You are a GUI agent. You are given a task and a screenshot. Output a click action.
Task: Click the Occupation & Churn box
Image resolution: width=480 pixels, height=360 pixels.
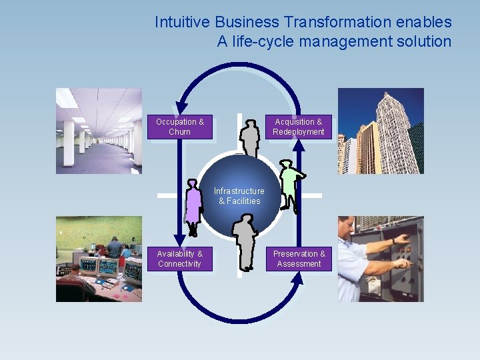[x=180, y=127]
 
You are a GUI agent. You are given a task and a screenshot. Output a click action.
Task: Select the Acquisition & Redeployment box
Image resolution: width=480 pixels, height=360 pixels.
[x=298, y=127]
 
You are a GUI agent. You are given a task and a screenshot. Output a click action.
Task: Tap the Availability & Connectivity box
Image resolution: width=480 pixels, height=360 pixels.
[x=180, y=259]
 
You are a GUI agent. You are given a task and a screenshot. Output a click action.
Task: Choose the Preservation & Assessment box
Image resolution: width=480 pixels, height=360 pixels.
[x=299, y=259]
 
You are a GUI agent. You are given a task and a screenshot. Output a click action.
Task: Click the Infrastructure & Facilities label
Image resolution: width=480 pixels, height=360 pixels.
[x=239, y=196]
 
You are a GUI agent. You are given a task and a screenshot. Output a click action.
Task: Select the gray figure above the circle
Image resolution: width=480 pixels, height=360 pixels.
[x=250, y=137]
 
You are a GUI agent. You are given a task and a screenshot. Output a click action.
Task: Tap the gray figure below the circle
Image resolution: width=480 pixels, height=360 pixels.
[x=245, y=241]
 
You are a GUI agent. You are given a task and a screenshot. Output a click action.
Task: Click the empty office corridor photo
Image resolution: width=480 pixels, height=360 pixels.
[x=99, y=131]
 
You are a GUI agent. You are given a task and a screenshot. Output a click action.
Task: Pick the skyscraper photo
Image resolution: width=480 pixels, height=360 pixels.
[x=380, y=131]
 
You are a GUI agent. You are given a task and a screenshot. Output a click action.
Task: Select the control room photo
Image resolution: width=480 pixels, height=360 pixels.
[x=99, y=259]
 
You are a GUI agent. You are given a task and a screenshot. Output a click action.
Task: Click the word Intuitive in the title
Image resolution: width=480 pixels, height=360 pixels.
[x=178, y=22]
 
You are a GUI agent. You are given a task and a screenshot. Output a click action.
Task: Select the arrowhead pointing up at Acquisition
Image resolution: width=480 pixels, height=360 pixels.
[x=298, y=145]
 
